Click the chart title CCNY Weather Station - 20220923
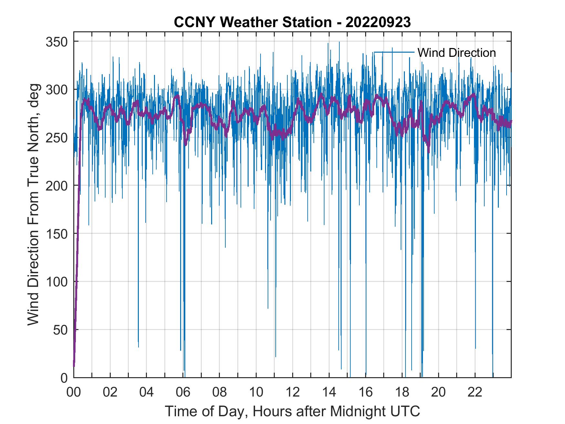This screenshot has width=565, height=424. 292,22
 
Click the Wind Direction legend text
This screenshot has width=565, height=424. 457,53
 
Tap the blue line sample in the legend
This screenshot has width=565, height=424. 394,52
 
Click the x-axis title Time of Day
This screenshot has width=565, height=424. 292,411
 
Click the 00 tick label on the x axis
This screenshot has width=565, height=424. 74,392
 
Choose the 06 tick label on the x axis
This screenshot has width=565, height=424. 183,392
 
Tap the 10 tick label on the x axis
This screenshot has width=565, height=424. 256,392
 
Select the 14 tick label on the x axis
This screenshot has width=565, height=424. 329,392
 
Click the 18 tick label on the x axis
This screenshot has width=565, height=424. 402,392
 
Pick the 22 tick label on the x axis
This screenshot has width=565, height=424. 475,392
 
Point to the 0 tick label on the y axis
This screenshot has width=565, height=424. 64,378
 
